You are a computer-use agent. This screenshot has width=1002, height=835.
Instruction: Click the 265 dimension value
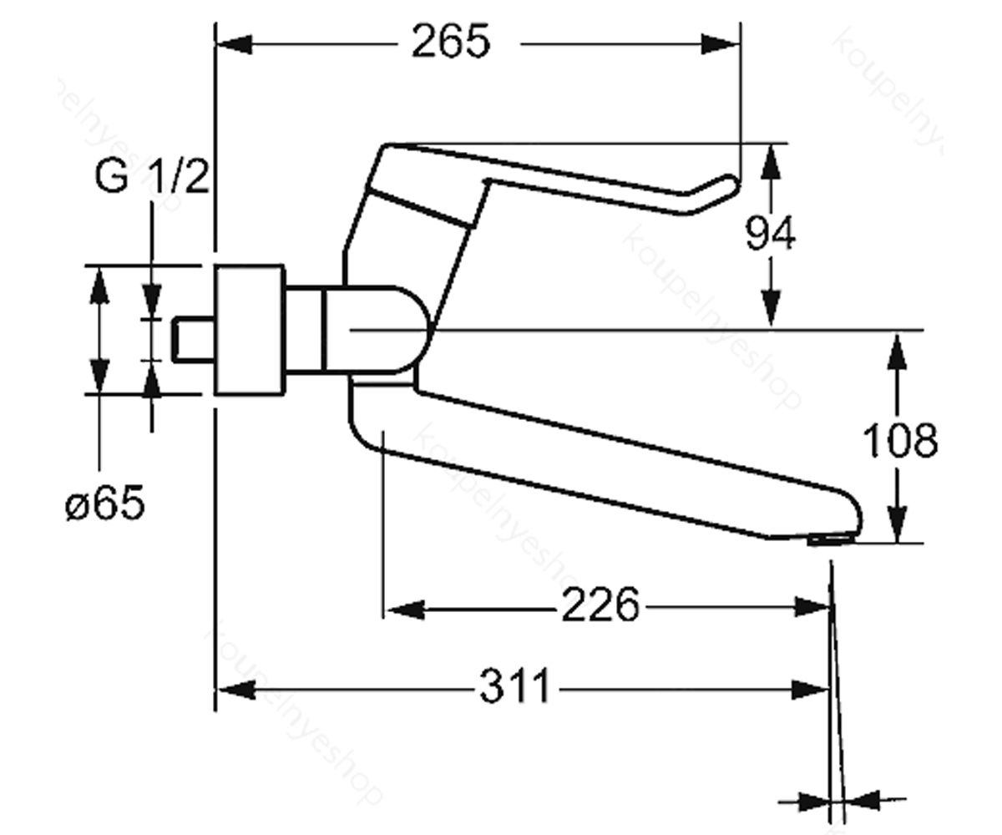(451, 41)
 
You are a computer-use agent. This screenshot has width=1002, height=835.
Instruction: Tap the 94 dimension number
(770, 233)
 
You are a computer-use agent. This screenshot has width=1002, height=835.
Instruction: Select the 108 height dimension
(900, 440)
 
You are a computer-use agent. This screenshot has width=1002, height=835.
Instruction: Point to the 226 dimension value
(600, 605)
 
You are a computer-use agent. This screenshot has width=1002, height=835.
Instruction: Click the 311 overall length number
(515, 686)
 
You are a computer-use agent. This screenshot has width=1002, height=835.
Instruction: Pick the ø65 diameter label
(104, 503)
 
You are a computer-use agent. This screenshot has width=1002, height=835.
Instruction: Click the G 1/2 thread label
(152, 176)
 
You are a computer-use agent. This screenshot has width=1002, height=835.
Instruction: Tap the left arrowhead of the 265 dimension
(234, 44)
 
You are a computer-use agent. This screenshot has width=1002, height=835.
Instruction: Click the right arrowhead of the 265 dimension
(721, 44)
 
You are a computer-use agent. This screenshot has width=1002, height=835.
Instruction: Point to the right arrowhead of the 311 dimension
(811, 690)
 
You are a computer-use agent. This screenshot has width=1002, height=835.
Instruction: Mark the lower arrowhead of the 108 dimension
(898, 524)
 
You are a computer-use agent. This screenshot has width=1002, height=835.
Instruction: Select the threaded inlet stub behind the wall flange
(194, 339)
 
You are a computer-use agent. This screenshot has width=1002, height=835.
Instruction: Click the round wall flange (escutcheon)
(250, 330)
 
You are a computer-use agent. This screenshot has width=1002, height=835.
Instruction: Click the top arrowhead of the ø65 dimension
(99, 287)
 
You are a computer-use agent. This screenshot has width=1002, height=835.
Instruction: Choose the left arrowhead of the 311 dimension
(236, 690)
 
